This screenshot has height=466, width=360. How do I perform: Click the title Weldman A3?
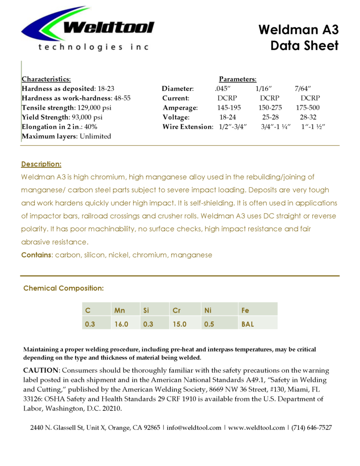point(298,30)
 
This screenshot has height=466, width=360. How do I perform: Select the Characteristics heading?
point(46,79)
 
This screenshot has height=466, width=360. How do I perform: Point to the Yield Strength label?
point(45,117)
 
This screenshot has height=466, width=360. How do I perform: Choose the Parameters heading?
point(238,79)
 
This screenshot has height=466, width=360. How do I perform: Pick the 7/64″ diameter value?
point(303,89)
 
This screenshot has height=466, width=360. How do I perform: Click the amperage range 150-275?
point(270,108)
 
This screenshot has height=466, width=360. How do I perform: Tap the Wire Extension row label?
point(187,127)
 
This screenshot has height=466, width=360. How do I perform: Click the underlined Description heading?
point(41,164)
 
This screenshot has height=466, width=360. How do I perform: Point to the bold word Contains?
point(37,255)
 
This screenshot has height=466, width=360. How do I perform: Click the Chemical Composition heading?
point(63,288)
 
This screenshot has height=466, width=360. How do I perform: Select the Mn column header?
point(119,310)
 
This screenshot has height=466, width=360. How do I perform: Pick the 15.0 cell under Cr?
point(180,323)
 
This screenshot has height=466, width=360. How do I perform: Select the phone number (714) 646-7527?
point(312,428)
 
